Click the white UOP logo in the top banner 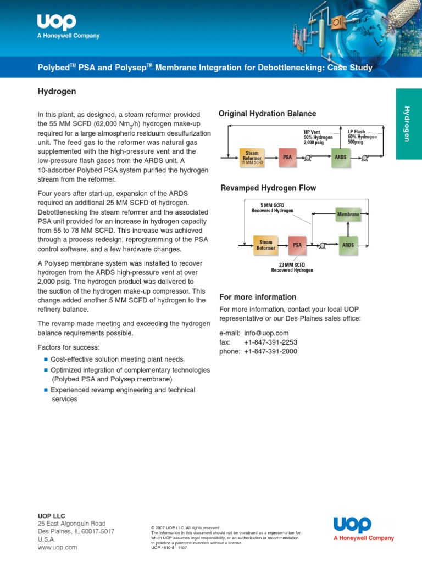pos(57,23)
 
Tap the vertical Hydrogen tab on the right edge pos(407,123)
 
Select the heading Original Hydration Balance pos(267,114)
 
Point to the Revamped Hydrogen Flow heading pos(268,188)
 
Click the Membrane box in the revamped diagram pos(348,214)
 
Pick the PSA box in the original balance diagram pos(287,157)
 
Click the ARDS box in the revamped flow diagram pos(348,245)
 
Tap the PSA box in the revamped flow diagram pos(297,245)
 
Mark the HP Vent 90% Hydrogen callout pos(318,137)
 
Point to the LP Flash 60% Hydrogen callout pos(362,136)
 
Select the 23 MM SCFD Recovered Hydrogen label pos(292,267)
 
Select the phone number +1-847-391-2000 pos(270,351)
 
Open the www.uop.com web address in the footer pos(57,547)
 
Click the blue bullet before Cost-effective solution pos(46,359)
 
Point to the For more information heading pos(258,297)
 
